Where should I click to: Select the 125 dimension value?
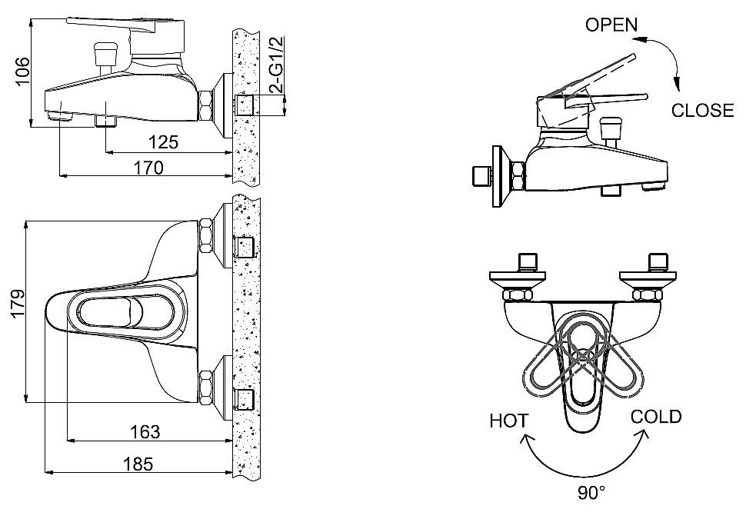pyautogui.click(x=163, y=141)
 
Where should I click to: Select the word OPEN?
pyautogui.click(x=611, y=25)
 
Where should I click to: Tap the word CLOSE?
pyautogui.click(x=702, y=110)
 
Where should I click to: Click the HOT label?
pyautogui.click(x=509, y=421)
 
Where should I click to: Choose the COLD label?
pyautogui.click(x=656, y=418)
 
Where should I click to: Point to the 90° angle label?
pyautogui.click(x=591, y=493)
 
